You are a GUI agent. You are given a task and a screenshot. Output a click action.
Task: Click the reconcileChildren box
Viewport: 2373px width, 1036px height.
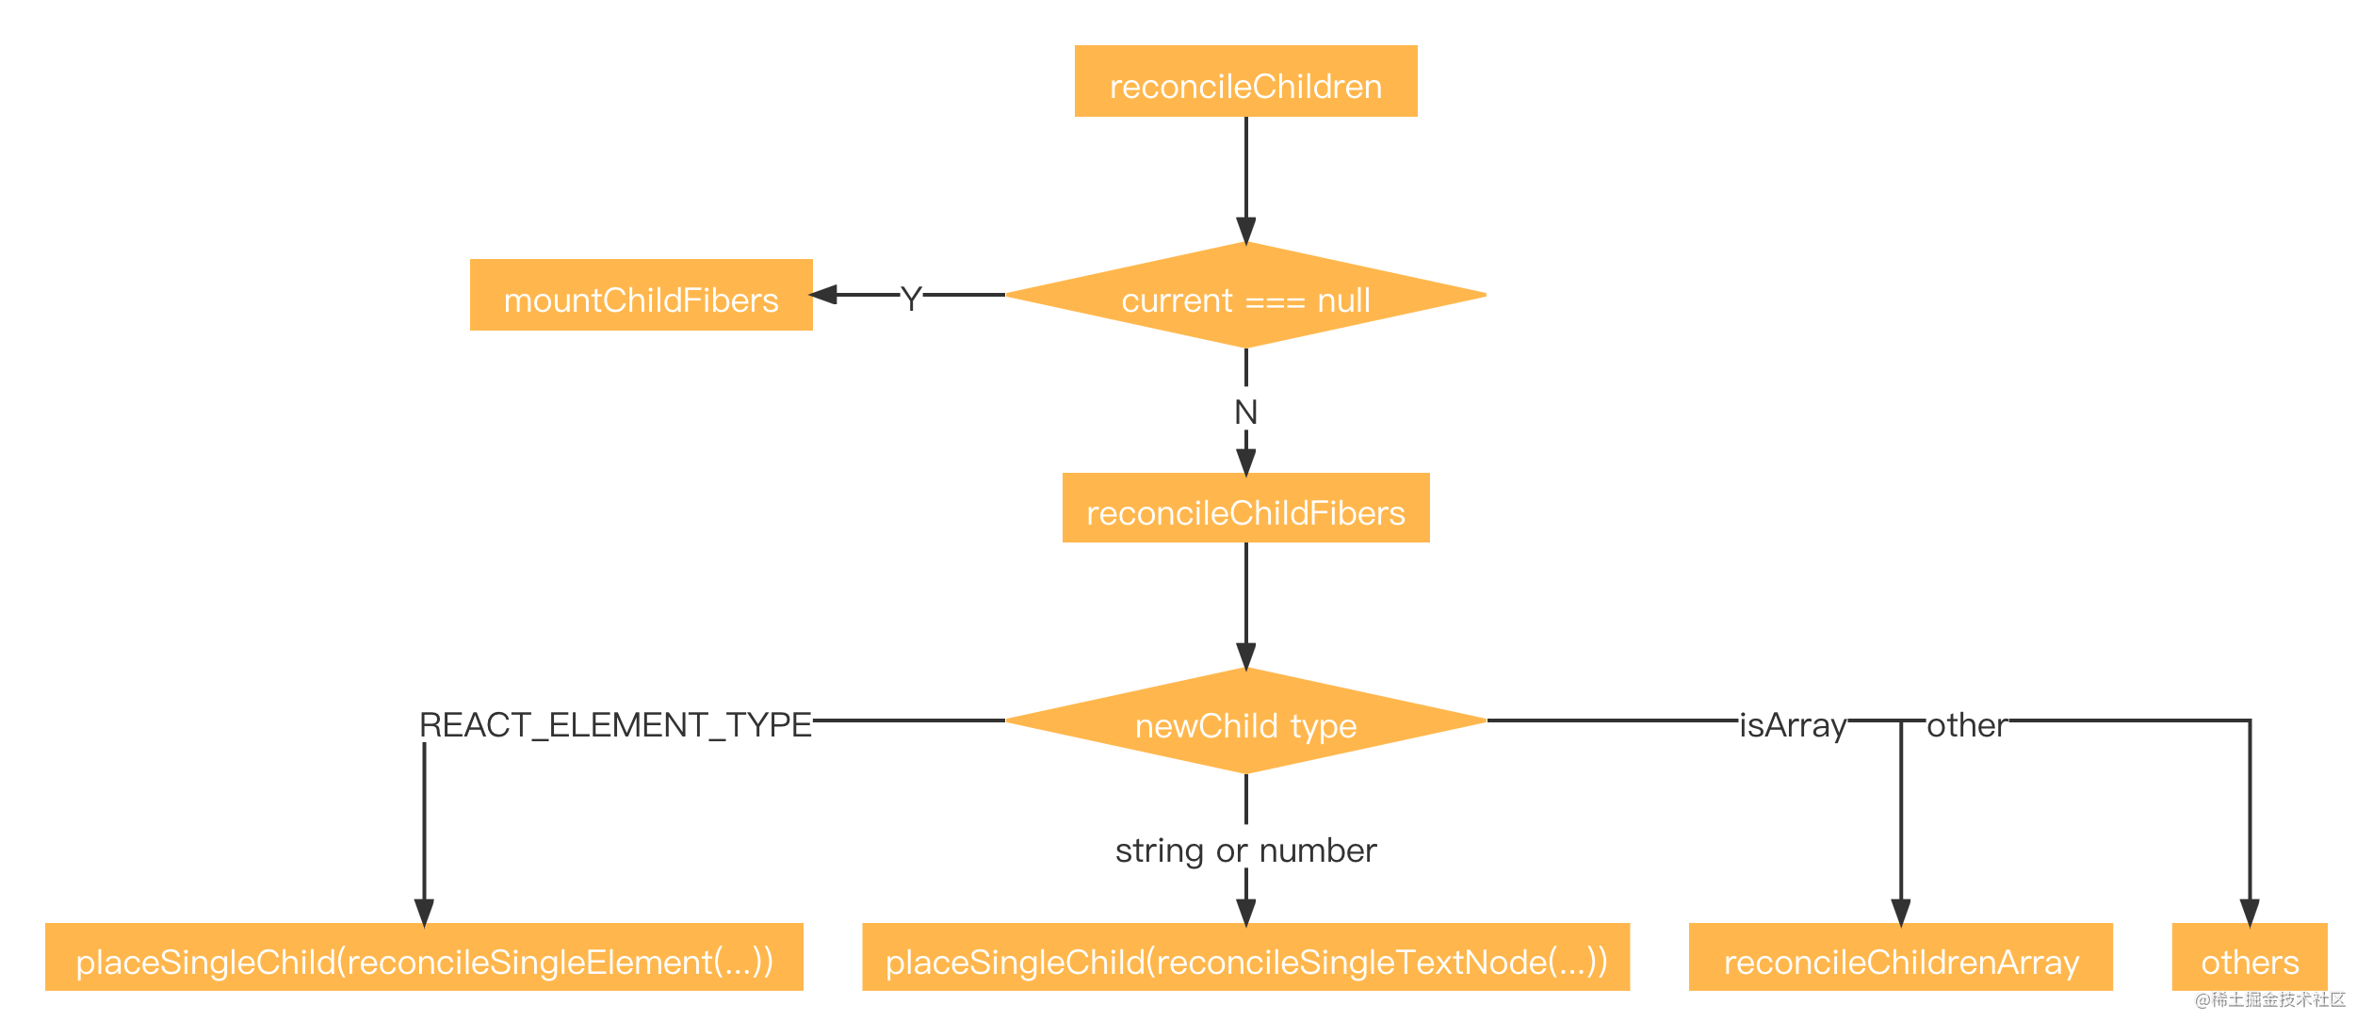pyautogui.click(x=1245, y=81)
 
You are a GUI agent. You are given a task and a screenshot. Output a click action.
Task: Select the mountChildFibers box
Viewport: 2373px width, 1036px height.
pyautogui.click(x=641, y=295)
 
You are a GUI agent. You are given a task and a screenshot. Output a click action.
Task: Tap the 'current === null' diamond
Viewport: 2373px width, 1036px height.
pyautogui.click(x=1245, y=295)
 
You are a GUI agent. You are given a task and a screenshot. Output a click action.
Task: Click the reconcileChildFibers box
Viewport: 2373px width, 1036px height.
pyautogui.click(x=1245, y=508)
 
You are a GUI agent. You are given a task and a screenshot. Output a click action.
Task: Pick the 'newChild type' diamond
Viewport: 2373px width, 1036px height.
pyautogui.click(x=1245, y=720)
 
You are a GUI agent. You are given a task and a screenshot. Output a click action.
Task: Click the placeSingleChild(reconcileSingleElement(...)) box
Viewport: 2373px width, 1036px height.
pyautogui.click(x=424, y=957)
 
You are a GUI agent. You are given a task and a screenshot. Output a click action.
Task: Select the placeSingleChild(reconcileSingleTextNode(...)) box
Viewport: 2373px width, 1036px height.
pyautogui.click(x=1245, y=957)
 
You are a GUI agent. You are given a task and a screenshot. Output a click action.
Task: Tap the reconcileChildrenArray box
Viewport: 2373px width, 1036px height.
pyautogui.click(x=1900, y=957)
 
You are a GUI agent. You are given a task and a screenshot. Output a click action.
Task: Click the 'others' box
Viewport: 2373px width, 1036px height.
pyautogui.click(x=2250, y=957)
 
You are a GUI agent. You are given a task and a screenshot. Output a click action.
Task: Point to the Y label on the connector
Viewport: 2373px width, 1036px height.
pyautogui.click(x=910, y=299)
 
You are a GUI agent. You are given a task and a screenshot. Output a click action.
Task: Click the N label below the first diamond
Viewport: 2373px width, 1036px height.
pyautogui.click(x=1245, y=412)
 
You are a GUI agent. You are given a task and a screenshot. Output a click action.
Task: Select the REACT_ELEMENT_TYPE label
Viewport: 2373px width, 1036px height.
pyautogui.click(x=615, y=724)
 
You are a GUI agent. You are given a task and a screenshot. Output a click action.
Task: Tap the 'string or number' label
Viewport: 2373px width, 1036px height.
pyautogui.click(x=1245, y=850)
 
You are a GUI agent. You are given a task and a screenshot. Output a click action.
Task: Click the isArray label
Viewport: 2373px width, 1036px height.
pyautogui.click(x=1793, y=725)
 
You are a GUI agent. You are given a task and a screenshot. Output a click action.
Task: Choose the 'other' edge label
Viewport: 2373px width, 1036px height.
pyautogui.click(x=1967, y=724)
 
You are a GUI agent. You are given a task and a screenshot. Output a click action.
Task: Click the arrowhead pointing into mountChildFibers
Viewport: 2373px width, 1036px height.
pyautogui.click(x=822, y=295)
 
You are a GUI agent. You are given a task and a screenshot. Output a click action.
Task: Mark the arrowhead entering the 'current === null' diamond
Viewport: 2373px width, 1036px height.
pyautogui.click(x=1245, y=231)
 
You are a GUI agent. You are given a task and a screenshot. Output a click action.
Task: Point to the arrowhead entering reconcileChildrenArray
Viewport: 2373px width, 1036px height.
pyautogui.click(x=1901, y=913)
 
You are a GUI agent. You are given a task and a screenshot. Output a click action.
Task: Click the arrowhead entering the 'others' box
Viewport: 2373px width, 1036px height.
pyautogui.click(x=2250, y=913)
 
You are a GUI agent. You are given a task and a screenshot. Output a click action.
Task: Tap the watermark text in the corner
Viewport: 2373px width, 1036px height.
pyautogui.click(x=2270, y=999)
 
